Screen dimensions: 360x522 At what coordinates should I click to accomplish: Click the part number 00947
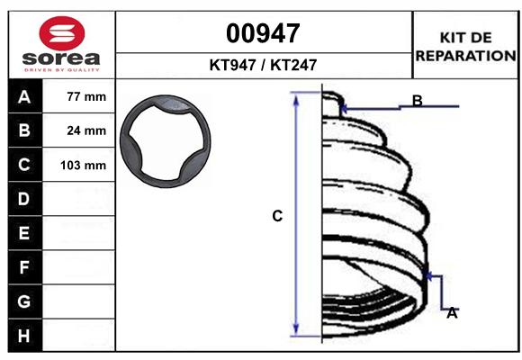click(263, 33)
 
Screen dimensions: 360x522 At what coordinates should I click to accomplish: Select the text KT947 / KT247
click(263, 65)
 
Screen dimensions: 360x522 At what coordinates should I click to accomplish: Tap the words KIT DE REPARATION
click(464, 47)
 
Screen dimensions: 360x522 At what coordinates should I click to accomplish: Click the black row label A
click(23, 97)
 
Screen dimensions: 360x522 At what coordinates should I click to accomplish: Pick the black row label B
click(23, 131)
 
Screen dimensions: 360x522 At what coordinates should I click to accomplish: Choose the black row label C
click(23, 165)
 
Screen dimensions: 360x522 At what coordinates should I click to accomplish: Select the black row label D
click(23, 199)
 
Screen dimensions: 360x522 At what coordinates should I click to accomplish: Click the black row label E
click(23, 233)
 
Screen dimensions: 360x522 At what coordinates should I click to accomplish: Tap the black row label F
click(23, 267)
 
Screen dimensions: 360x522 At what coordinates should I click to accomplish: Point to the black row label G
click(23, 301)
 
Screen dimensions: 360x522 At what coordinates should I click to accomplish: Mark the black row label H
click(23, 335)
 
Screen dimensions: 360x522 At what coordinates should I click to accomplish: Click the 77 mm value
click(86, 97)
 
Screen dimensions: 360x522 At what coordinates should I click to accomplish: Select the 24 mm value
click(86, 131)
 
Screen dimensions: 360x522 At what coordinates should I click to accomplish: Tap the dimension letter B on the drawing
click(418, 100)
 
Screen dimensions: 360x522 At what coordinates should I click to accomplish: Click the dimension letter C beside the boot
click(278, 216)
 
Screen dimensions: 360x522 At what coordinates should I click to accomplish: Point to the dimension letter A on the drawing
click(453, 312)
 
